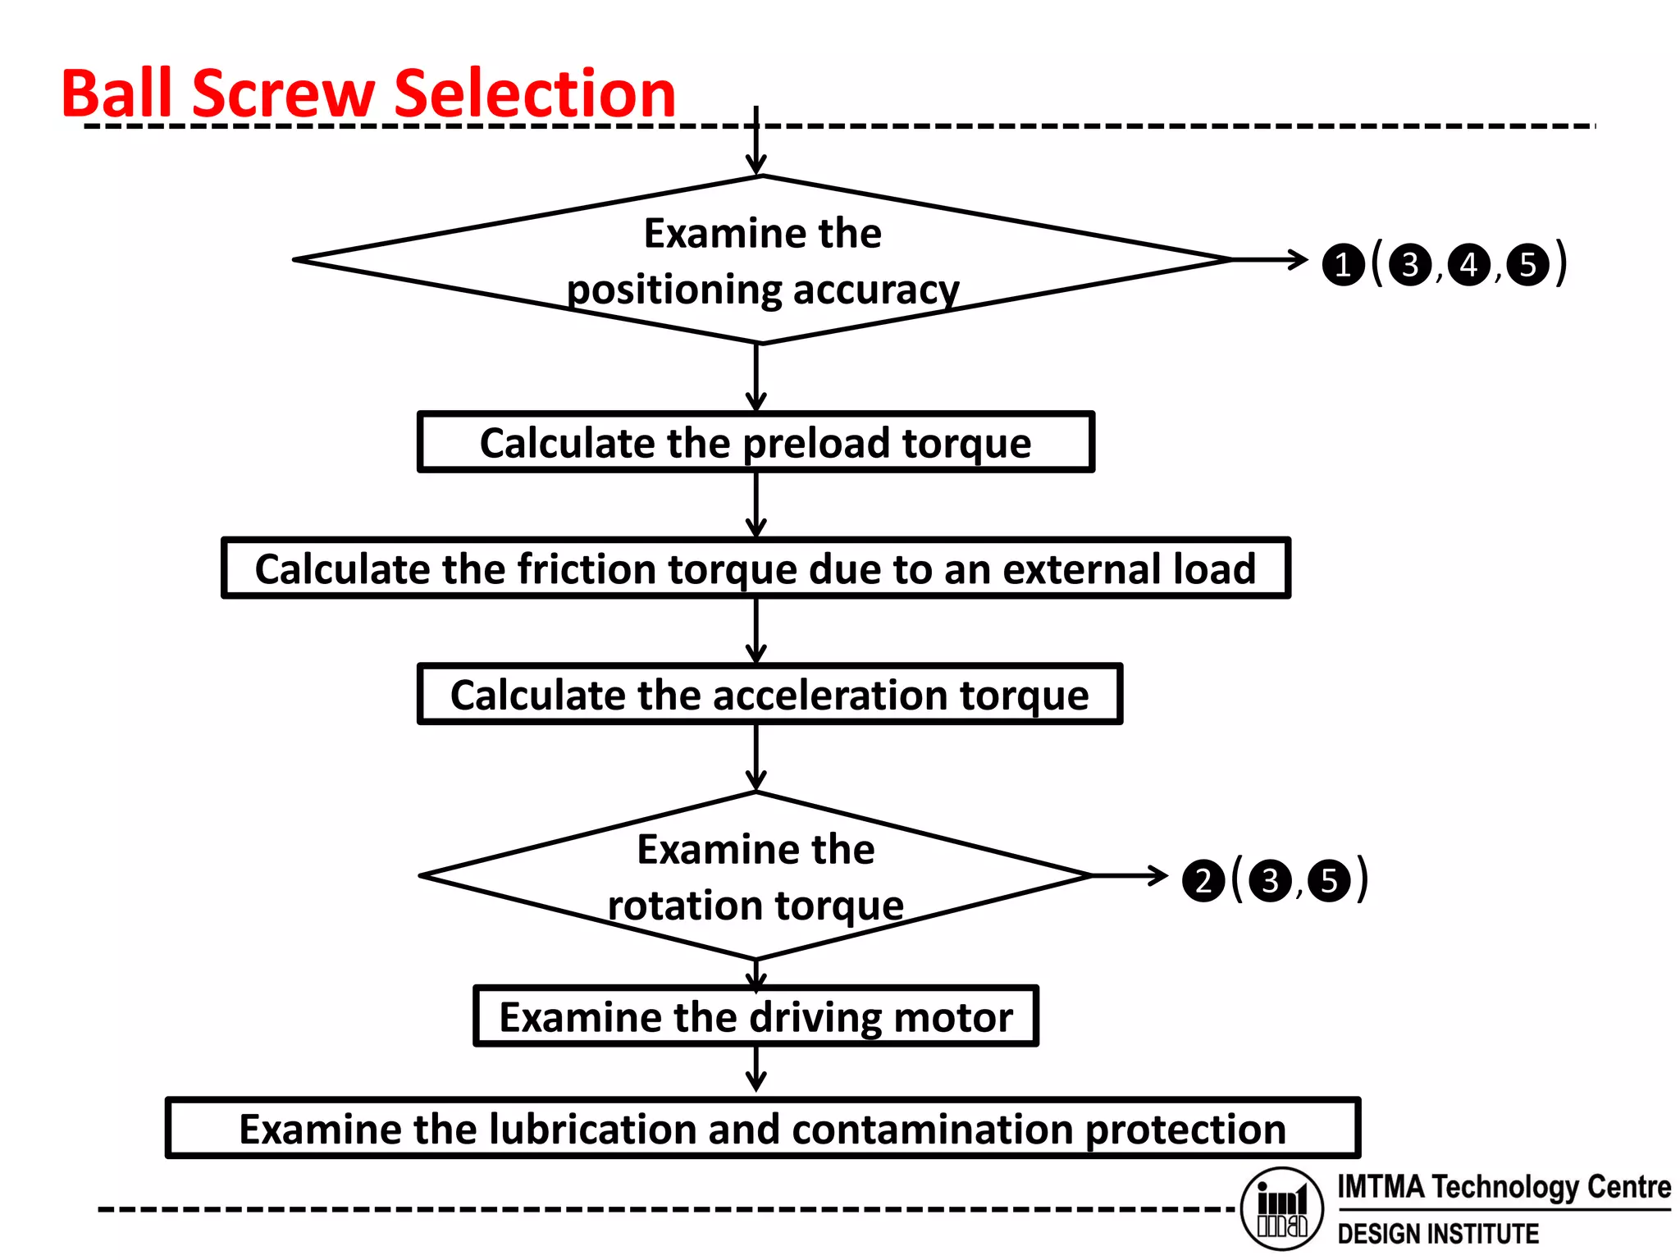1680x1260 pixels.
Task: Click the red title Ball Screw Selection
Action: point(368,94)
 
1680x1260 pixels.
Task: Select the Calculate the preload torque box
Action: point(756,443)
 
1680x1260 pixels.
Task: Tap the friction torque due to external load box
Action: point(756,568)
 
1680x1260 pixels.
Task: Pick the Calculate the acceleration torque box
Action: point(769,695)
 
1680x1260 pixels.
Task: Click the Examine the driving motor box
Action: point(756,1016)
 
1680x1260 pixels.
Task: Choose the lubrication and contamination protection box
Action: point(762,1129)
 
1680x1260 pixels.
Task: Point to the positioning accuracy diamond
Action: point(762,260)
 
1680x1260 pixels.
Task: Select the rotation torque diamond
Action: point(756,876)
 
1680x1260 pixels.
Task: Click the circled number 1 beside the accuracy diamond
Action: point(1343,265)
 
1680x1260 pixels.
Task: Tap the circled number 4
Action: point(1468,265)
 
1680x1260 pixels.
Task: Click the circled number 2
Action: point(1203,881)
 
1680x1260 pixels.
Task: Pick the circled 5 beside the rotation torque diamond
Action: point(1329,881)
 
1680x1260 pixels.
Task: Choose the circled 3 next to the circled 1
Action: point(1410,265)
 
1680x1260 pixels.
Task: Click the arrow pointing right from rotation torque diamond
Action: point(1130,876)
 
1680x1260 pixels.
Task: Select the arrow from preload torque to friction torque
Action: point(756,504)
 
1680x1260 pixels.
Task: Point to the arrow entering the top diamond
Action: point(756,141)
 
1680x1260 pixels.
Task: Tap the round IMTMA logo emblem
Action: point(1281,1208)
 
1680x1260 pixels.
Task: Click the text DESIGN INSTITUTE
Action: point(1438,1234)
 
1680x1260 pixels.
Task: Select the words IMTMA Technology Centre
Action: point(1504,1187)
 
